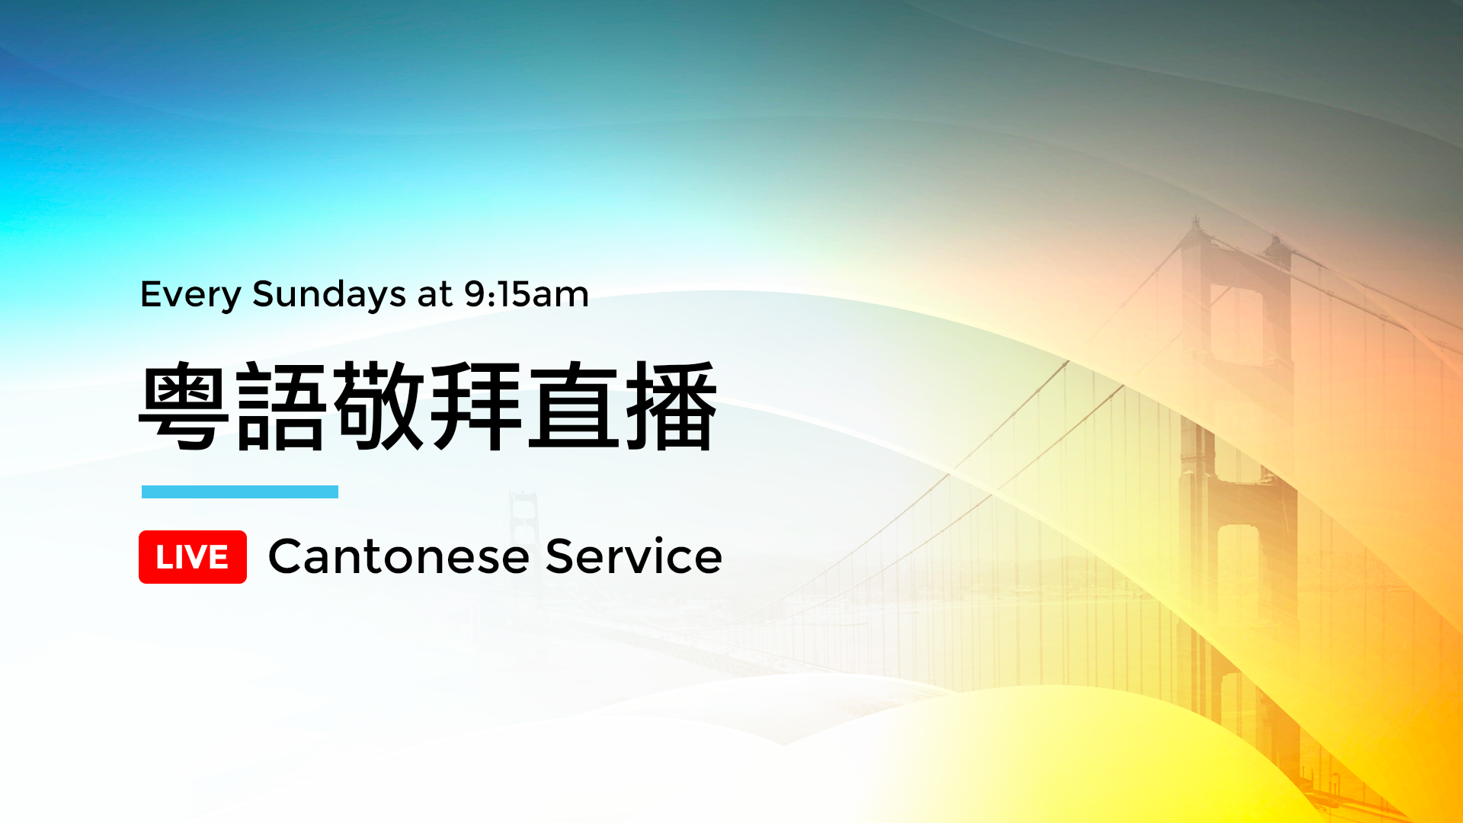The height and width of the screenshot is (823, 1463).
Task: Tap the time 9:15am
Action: (x=527, y=294)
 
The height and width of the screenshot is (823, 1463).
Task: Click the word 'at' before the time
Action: (x=435, y=295)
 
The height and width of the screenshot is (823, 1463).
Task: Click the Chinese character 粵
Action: (x=184, y=406)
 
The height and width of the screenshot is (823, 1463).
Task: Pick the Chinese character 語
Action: (x=281, y=406)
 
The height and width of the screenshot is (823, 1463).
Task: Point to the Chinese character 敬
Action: (x=379, y=406)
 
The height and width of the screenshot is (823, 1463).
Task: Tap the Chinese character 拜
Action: (x=476, y=406)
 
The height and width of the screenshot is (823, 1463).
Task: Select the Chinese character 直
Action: (x=574, y=406)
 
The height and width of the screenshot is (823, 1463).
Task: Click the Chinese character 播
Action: (x=671, y=406)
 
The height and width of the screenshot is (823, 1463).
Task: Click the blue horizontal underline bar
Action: (x=240, y=492)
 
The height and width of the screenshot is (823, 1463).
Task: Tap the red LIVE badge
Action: (x=193, y=557)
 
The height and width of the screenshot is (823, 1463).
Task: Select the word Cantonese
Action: (x=399, y=556)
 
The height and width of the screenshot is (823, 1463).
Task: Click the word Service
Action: (x=634, y=556)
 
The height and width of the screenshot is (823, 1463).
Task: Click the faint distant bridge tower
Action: (x=524, y=533)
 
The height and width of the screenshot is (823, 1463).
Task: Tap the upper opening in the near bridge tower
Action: (x=1236, y=324)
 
